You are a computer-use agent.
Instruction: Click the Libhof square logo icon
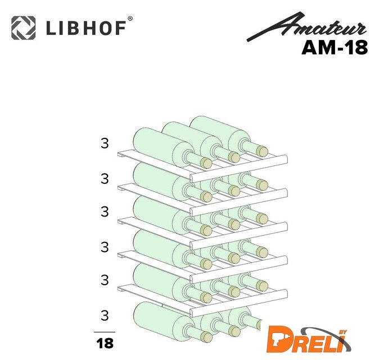(24, 28)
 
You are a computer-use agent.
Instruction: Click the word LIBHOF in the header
(86, 28)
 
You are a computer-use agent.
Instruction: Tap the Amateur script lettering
(307, 27)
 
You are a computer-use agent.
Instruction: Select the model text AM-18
(335, 48)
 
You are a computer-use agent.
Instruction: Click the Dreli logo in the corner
(309, 339)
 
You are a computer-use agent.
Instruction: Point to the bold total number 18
(105, 343)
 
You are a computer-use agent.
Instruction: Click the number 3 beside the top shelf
(105, 143)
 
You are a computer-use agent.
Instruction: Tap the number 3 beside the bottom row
(105, 316)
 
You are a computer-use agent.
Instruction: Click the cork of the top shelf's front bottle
(206, 163)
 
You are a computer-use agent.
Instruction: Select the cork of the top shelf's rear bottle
(262, 151)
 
